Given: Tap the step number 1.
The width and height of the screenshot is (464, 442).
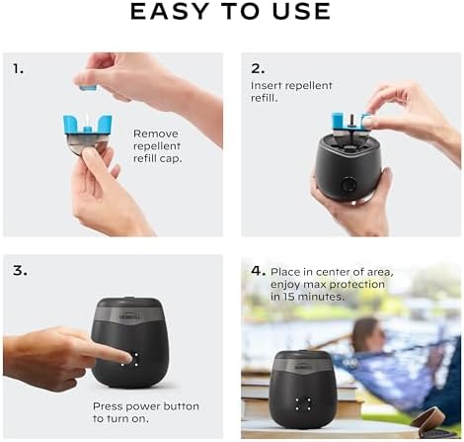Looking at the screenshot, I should click(x=19, y=69).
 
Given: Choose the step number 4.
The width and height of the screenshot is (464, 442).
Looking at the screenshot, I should click(x=258, y=270).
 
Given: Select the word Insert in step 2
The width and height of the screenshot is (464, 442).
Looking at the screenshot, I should click(x=268, y=86).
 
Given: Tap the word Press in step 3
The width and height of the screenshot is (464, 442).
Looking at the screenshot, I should click(x=109, y=405).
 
